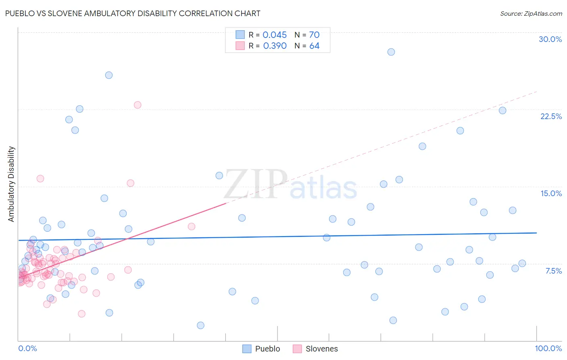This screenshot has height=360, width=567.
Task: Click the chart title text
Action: click(x=133, y=13)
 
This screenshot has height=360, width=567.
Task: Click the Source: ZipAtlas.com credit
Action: click(x=531, y=13)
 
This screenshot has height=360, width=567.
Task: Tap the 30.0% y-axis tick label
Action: click(x=550, y=39)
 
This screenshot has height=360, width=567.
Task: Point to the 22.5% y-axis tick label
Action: click(x=551, y=116)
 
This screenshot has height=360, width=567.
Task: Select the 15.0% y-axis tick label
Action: click(x=551, y=193)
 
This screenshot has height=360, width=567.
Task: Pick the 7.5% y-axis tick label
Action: click(x=553, y=271)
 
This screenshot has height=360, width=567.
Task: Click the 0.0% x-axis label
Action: click(x=27, y=348)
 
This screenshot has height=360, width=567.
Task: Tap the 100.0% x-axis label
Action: click(x=548, y=348)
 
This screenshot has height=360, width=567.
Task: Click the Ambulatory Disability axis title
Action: click(x=11, y=184)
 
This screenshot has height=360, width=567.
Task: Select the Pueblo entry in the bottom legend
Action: click(x=267, y=349)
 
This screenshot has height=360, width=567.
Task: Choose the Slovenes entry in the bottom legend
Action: click(x=321, y=349)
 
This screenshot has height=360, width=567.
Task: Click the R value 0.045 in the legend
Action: click(x=275, y=35)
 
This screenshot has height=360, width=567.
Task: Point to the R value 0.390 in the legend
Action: click(x=275, y=46)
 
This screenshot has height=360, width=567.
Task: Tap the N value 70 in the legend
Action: click(x=314, y=35)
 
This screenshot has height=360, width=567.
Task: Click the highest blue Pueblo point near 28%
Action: click(x=391, y=52)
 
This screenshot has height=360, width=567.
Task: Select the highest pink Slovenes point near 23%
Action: click(x=138, y=105)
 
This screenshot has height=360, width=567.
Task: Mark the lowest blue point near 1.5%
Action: click(x=200, y=325)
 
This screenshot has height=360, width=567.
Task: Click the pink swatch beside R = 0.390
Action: click(x=240, y=46)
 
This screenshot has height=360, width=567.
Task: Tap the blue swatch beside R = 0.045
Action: click(x=240, y=35)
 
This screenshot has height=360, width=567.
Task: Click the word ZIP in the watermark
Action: click(x=256, y=184)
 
